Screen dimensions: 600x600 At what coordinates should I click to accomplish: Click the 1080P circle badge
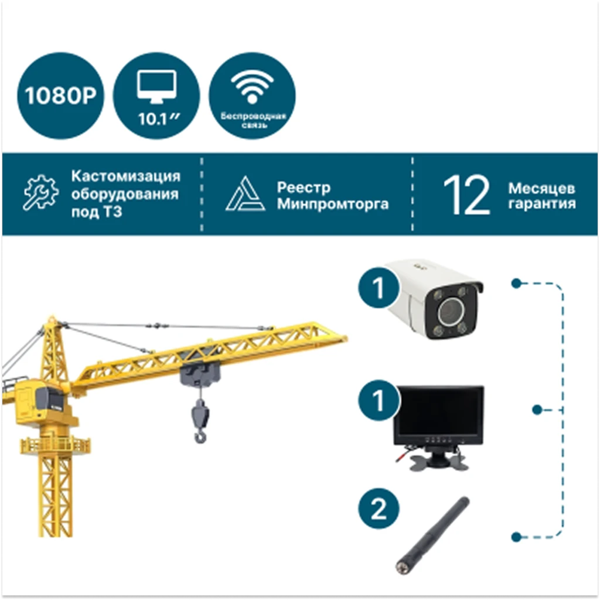[60, 96]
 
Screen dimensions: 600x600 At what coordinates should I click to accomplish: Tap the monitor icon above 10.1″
[157, 87]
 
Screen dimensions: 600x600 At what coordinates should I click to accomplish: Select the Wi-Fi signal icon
[252, 87]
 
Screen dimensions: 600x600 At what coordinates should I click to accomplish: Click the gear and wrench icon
[40, 192]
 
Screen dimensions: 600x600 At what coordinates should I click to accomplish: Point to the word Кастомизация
[126, 176]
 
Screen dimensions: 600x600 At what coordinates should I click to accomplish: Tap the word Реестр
[304, 187]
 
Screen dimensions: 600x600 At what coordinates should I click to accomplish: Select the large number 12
[466, 195]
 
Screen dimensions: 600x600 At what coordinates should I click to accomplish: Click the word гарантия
[542, 203]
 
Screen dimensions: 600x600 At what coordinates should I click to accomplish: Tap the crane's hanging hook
[200, 421]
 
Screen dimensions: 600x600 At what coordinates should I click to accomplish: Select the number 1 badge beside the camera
[379, 288]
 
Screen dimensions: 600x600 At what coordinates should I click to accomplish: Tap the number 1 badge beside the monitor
[379, 400]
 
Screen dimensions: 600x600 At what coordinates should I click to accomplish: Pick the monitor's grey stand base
[439, 461]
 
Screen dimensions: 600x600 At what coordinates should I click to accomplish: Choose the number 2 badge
[379, 509]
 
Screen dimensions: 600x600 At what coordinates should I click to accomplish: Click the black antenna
[433, 536]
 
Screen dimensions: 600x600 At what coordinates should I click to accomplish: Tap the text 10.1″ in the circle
[158, 119]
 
